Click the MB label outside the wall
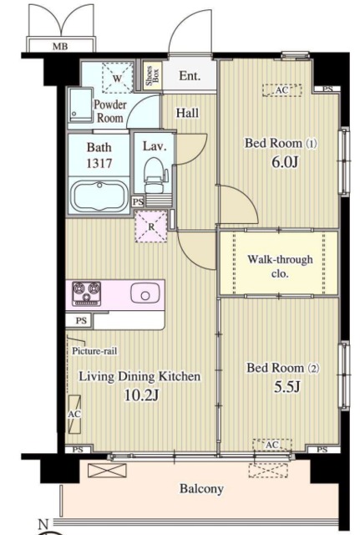point(60,46)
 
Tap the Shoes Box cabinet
point(152,75)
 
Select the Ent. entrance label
point(190,75)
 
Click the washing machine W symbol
point(117,78)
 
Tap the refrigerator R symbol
point(151,227)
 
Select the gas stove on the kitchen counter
point(87,293)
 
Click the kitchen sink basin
point(145,293)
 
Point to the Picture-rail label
point(94,351)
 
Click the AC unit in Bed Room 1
point(282,90)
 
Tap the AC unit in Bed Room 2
point(272,445)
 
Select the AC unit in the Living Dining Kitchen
point(74,415)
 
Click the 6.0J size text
point(285,162)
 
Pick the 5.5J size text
point(287,386)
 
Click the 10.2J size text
point(141,395)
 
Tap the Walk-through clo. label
point(280,266)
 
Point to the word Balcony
point(201,488)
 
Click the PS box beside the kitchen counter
point(81,321)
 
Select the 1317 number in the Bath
point(99,164)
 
